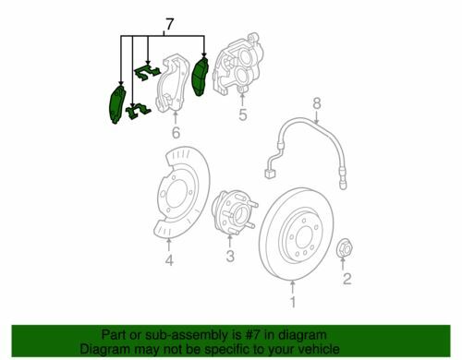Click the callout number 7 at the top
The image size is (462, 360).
170,24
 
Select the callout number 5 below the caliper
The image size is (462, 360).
243,114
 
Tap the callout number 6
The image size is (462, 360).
176,133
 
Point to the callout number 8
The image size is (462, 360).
317,103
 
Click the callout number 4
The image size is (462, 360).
169,260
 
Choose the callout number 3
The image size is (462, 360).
230,256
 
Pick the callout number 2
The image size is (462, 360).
347,279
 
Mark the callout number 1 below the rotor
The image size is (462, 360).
293,302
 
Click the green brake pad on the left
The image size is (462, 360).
117,104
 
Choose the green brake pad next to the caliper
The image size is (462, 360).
200,77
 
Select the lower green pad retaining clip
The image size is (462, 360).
138,111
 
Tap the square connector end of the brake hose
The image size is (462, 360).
270,174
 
